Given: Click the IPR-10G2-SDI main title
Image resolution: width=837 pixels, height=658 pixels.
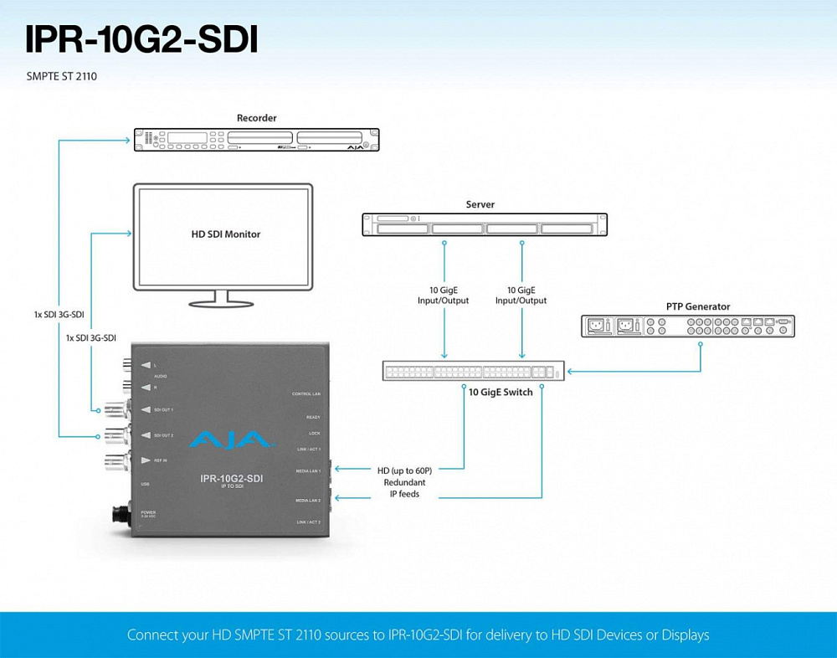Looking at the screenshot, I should point(141,39).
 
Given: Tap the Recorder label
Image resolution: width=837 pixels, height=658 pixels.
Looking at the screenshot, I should point(256,118).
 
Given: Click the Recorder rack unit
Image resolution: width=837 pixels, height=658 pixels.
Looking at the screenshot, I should point(257,140).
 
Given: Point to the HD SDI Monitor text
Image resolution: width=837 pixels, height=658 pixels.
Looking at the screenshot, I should point(226,234).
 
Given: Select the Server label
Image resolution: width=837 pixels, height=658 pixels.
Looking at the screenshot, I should point(480,204).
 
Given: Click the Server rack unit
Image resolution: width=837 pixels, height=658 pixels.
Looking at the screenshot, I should point(484,224).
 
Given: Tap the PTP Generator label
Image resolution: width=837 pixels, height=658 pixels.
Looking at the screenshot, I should point(698,306).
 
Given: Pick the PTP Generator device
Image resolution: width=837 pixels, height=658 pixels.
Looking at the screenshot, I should point(688,326).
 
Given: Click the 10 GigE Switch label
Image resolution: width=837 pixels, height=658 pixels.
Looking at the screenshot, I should point(501,392).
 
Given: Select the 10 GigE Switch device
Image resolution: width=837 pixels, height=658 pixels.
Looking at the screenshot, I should point(474,371).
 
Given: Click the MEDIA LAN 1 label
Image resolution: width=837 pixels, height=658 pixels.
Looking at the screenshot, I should point(308,471).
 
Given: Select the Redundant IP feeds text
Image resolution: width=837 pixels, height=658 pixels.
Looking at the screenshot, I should point(404,488).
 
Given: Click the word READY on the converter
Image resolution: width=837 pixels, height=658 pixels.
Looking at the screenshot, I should point(313,417).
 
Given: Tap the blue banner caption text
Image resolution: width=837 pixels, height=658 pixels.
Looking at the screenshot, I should point(418,635).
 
